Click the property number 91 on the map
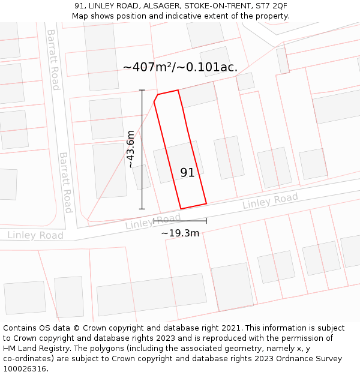[x=187, y=173]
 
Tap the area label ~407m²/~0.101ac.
[x=180, y=67]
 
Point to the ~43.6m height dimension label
[x=131, y=149]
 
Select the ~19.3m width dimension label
[x=180, y=233]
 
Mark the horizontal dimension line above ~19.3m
[x=180, y=221]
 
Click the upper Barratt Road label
[x=53, y=59]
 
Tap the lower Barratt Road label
[x=65, y=182]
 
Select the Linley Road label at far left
[x=35, y=235]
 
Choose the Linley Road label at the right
[x=270, y=202]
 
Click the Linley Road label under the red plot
[x=152, y=222]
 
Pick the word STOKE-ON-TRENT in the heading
[x=214, y=5]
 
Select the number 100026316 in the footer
[x=26, y=369]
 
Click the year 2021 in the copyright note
[x=231, y=328]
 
